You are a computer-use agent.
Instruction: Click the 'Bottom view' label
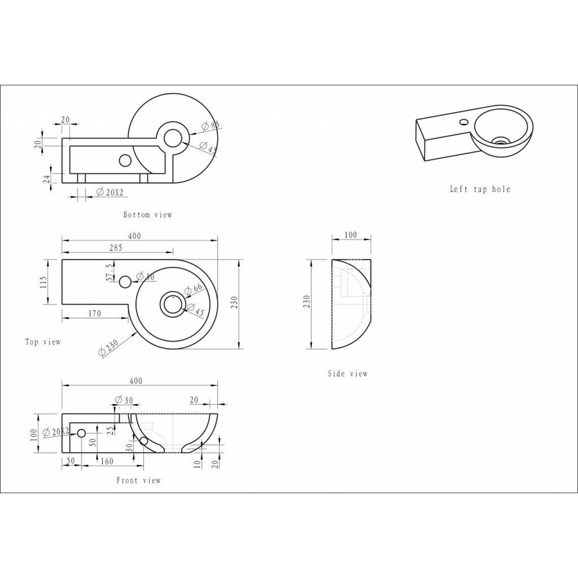tap(148, 215)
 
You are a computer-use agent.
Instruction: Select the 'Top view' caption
tap(43, 342)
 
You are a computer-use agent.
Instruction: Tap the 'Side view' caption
tap(347, 374)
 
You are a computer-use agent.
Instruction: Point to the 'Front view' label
tap(139, 480)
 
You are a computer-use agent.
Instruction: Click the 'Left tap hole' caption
tap(480, 189)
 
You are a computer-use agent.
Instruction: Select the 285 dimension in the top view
tap(116, 247)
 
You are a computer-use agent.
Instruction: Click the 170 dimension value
tap(94, 314)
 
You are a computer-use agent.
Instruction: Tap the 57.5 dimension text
tap(110, 272)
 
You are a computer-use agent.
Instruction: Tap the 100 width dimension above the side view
tap(350, 235)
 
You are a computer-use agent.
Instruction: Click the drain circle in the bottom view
tap(173, 137)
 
